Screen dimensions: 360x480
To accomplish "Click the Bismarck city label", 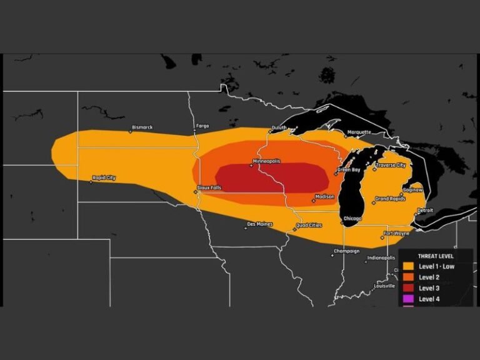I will [142, 127].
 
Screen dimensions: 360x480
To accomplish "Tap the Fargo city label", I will [202, 126].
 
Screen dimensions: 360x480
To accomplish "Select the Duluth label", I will [279, 127].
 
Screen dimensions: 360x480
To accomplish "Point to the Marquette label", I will [359, 132].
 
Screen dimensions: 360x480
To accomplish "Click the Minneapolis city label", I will [266, 161].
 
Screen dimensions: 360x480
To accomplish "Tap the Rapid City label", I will [104, 178].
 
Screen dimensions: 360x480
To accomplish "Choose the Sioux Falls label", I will [209, 187].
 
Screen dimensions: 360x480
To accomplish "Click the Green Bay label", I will [348, 169].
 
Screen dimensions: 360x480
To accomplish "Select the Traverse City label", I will [391, 165].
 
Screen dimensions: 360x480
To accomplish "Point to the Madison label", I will [325, 196].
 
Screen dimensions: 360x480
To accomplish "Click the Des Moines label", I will [260, 224].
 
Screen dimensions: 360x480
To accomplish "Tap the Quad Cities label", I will [309, 225].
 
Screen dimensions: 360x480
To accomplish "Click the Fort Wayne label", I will [397, 233].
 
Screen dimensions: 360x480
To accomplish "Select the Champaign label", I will [346, 251].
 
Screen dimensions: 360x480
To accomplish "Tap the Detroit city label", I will [425, 210].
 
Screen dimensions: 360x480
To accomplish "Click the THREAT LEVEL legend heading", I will [436, 256].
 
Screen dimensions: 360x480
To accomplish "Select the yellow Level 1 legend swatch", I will [409, 266].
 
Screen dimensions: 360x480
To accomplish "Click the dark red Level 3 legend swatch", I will [409, 288].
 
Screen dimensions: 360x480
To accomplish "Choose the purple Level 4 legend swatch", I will [409, 299].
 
